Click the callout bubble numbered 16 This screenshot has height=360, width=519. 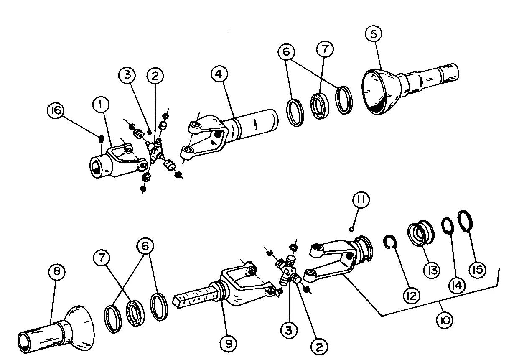tap(56, 110)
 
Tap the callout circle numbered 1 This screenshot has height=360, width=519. tap(101, 105)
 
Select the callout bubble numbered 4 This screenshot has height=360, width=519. tap(219, 74)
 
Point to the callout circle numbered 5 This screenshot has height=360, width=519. tap(374, 34)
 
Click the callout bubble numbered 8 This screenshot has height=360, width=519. tap(57, 271)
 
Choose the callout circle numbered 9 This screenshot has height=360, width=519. tap(229, 344)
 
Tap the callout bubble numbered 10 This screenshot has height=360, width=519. tap(445, 320)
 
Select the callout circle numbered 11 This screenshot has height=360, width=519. tap(361, 199)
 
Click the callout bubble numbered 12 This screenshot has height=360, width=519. tap(412, 296)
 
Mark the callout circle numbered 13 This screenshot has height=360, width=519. tap(431, 270)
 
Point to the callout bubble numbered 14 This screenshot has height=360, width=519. tap(457, 285)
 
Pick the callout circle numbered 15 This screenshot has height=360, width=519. tap(478, 270)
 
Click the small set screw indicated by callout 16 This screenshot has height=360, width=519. tap(101, 140)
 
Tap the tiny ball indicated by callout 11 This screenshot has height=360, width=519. tap(351, 230)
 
